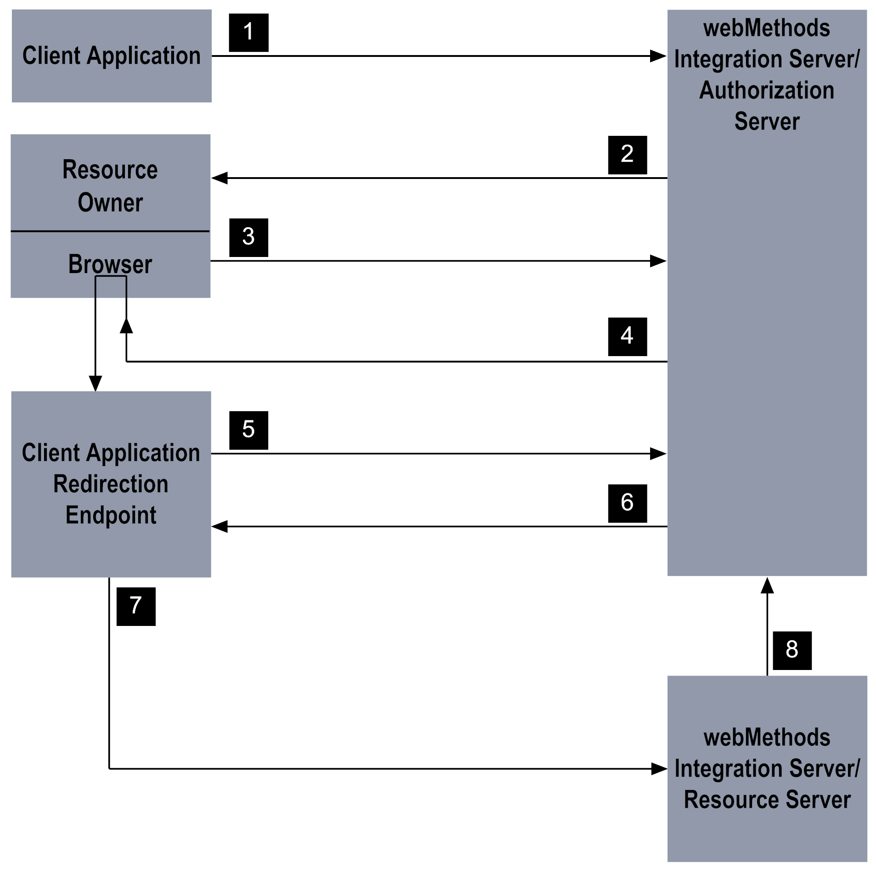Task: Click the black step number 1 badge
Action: tap(248, 33)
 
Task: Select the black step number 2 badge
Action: tap(627, 155)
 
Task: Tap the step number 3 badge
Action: tap(248, 237)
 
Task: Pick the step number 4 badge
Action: tap(627, 336)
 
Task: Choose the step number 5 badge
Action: tap(248, 430)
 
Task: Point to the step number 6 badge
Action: tap(627, 503)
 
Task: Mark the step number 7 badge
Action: tap(136, 606)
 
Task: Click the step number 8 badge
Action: tap(792, 650)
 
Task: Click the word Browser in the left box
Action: tap(110, 264)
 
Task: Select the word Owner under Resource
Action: tap(110, 202)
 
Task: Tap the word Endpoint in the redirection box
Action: tap(111, 515)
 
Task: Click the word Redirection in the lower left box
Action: tap(111, 484)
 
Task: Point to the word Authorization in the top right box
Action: tap(766, 90)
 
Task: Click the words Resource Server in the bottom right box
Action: tap(767, 799)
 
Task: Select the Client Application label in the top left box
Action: tap(112, 56)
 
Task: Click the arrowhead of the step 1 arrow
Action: tap(658, 56)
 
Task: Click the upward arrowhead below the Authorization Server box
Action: tap(767, 586)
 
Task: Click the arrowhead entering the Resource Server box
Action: tap(659, 769)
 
